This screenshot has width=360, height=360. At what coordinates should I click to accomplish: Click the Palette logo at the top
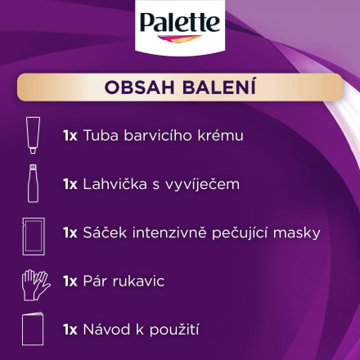pos(180,24)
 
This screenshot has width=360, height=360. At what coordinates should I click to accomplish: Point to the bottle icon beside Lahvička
pos(32,183)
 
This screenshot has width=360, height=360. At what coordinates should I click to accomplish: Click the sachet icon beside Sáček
pos(32,234)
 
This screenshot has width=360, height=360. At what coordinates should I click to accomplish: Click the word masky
pos(295,233)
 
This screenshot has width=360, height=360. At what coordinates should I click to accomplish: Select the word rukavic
pos(138,281)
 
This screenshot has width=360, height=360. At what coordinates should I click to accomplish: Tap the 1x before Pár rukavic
pos(70,281)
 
